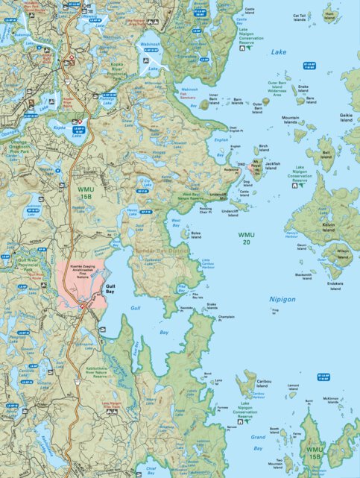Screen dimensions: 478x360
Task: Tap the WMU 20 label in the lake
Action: coord(245,239)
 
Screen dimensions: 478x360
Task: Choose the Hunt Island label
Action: coord(329,15)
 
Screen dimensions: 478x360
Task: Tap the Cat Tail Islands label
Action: coord(300,16)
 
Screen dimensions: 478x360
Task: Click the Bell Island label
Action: coord(326,154)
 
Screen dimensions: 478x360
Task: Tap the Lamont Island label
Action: coord(292,387)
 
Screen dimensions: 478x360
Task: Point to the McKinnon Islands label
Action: coord(331,400)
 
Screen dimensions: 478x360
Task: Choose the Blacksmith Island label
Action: coord(303,276)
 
